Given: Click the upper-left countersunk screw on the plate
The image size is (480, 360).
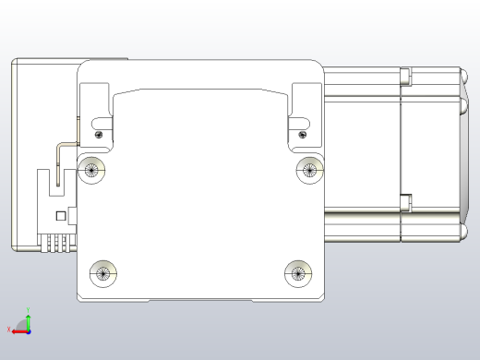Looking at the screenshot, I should coord(91,169).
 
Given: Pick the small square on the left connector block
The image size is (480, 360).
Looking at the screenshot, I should coord(61,216).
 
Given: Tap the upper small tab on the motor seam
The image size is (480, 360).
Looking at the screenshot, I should coord(403,73).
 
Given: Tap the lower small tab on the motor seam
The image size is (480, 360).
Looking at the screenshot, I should coord(403,198).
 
